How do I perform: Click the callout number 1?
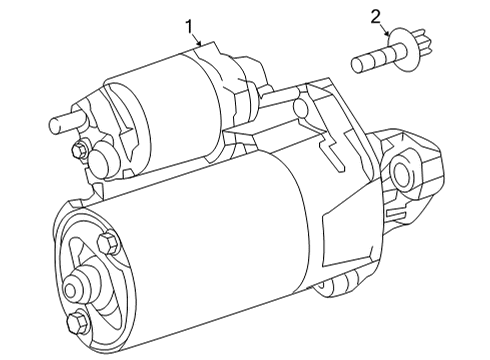189,27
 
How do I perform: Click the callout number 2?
375,17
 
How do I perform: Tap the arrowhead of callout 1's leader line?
199,43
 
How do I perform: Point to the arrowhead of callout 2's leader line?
387,33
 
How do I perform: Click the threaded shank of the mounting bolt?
373,60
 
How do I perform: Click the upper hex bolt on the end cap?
108,243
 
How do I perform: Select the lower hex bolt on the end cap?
78,322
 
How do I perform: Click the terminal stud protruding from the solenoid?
68,122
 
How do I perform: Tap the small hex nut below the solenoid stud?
79,150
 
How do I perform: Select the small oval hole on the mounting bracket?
300,107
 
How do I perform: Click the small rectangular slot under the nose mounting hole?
395,213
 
